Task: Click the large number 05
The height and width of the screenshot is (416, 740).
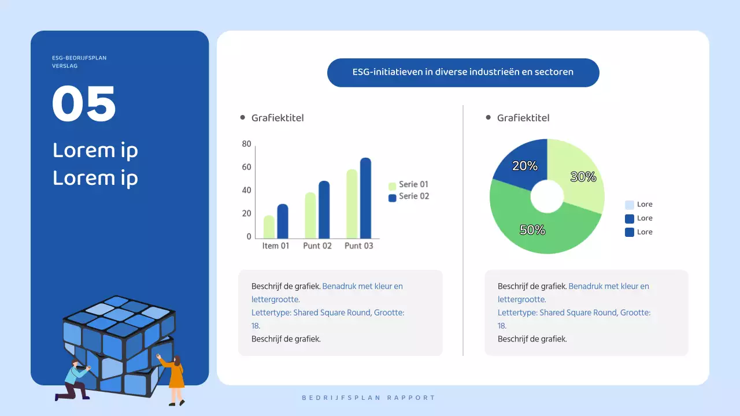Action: [84, 104]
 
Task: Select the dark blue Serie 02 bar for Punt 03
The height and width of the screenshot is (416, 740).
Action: [365, 198]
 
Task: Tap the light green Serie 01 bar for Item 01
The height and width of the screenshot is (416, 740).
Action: [269, 227]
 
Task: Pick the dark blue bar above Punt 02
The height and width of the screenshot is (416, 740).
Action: [324, 210]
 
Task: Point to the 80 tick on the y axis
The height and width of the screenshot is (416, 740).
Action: [247, 144]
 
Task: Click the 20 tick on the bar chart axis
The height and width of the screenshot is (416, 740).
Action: [247, 214]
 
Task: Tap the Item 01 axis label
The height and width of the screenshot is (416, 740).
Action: [276, 246]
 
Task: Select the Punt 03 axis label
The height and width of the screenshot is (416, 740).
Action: [359, 246]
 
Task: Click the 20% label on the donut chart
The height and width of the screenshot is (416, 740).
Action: [525, 166]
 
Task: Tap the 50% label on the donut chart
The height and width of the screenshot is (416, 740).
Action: [532, 230]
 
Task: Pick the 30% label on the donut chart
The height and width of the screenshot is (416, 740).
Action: [583, 177]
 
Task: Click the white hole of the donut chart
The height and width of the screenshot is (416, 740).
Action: [547, 196]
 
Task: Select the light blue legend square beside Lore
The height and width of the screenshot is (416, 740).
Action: [630, 205]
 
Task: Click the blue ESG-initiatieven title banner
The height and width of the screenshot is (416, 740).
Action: [463, 73]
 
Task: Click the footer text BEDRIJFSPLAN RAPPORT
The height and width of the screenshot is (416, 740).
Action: [369, 398]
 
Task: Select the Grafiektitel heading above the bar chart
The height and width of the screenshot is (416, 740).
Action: [277, 118]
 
